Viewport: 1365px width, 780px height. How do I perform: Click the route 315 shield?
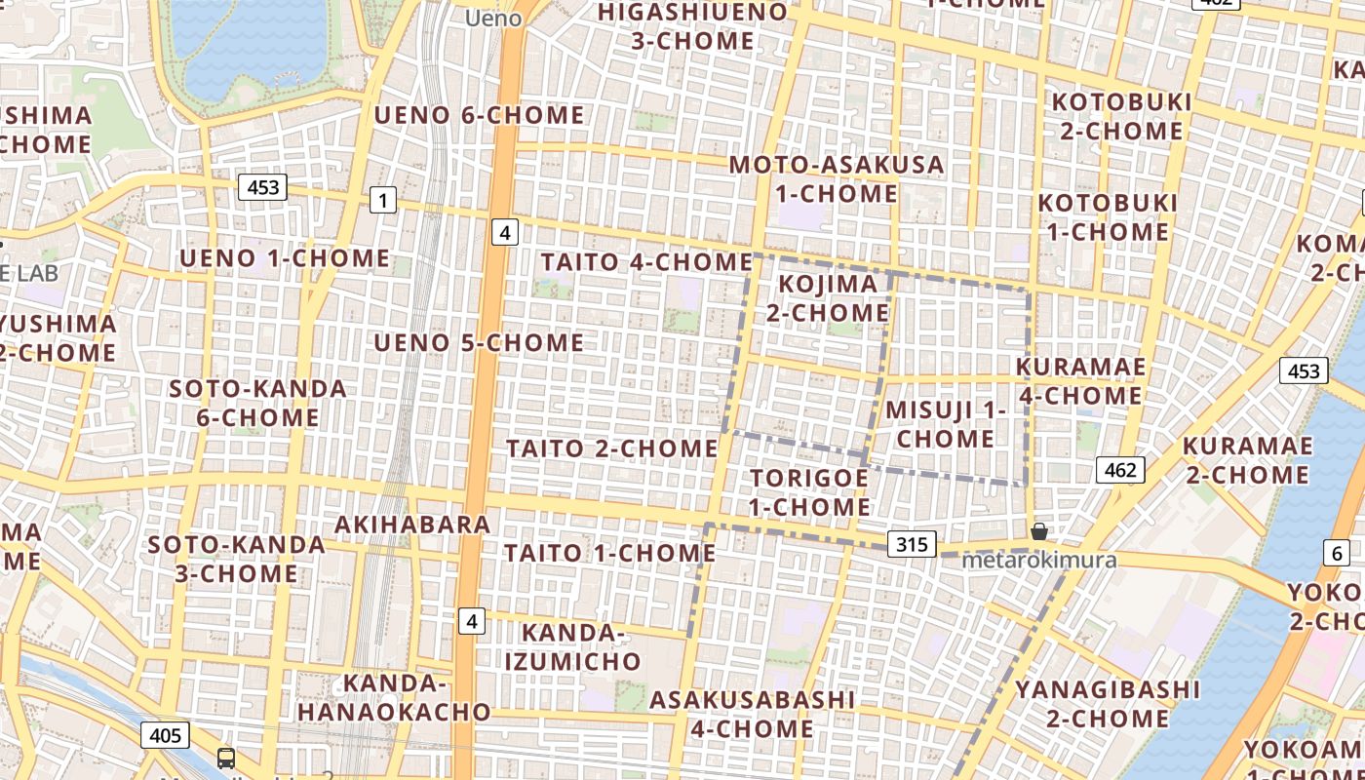point(912,543)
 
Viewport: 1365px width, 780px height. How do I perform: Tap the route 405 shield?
point(165,734)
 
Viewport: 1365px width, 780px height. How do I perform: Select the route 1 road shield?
point(383,201)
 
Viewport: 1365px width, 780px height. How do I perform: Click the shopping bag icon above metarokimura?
point(1039,531)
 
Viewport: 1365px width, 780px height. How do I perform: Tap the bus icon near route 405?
point(226,758)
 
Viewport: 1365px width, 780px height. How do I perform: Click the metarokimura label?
point(1038,561)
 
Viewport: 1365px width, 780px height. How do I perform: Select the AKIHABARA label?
point(412,525)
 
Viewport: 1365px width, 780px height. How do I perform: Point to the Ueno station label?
point(493,18)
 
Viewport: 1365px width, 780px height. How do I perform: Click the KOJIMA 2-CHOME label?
point(827,298)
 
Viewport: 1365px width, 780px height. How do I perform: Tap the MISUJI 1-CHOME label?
point(945,424)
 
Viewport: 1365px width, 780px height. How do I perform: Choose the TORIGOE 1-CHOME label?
point(809,492)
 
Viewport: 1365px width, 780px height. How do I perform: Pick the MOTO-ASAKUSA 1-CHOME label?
point(837,178)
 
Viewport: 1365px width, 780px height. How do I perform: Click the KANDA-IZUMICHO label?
point(573,647)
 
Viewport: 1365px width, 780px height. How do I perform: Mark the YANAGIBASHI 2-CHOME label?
point(1108,704)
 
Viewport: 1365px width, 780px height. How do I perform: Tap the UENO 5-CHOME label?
point(479,343)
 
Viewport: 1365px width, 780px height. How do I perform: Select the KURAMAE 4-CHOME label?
point(1080,381)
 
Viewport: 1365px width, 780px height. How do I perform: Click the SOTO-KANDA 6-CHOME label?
point(257,403)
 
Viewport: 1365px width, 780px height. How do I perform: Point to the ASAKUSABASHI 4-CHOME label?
point(752,714)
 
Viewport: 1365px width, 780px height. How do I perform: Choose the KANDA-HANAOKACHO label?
point(394,697)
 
